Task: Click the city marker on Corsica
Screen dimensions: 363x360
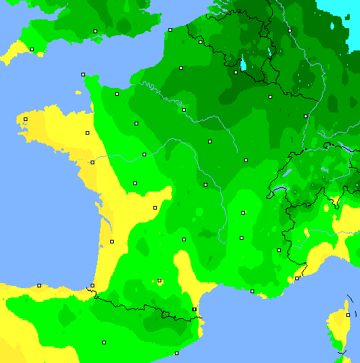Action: pyautogui.click(x=348, y=315)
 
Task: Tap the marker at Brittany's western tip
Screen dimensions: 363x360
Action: pyautogui.click(x=25, y=119)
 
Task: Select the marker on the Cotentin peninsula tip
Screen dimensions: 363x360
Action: pyautogui.click(x=83, y=74)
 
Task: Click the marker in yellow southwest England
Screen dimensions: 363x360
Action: pyautogui.click(x=32, y=49)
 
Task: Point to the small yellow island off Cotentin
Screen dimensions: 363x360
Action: pyautogui.click(x=76, y=92)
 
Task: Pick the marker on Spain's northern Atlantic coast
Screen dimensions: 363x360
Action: pyautogui.click(x=39, y=285)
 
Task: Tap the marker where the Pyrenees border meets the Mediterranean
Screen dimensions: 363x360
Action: pyautogui.click(x=194, y=309)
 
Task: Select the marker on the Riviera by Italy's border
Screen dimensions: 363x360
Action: pyautogui.click(x=297, y=278)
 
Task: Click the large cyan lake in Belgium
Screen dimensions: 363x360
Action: pyautogui.click(x=243, y=63)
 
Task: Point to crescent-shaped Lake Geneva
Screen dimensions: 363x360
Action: pyautogui.click(x=276, y=191)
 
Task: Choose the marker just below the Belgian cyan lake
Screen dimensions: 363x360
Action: pyautogui.click(x=235, y=72)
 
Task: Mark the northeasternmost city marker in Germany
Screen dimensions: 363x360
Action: pyautogui.click(x=289, y=30)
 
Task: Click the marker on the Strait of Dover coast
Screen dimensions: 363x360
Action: pyautogui.click(x=170, y=30)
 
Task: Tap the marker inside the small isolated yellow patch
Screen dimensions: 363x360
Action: pyautogui.click(x=159, y=281)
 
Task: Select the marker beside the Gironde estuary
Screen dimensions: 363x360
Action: pyautogui.click(x=112, y=241)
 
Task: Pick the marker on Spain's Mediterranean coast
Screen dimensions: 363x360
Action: pyautogui.click(x=176, y=352)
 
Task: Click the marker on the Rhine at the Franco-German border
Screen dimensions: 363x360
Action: pyautogui.click(x=305, y=116)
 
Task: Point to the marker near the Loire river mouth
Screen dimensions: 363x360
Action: pyautogui.click(x=92, y=162)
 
